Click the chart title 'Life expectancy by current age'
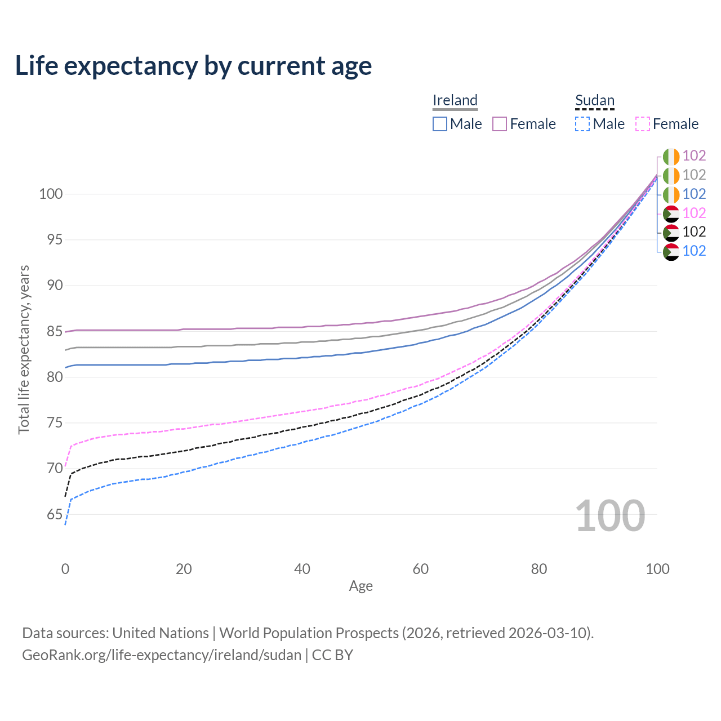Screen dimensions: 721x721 click(193, 66)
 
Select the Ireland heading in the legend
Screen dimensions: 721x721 click(455, 100)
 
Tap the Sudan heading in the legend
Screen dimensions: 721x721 click(594, 100)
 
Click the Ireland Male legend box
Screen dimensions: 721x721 click(440, 124)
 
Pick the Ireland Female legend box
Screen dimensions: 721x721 click(500, 124)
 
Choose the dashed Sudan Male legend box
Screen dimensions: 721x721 click(582, 124)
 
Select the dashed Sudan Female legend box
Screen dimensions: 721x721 click(643, 124)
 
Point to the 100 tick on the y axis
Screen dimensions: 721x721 click(50, 194)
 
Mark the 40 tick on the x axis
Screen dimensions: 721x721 click(302, 569)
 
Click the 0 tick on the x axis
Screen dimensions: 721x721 click(65, 569)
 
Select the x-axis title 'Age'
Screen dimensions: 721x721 click(360, 586)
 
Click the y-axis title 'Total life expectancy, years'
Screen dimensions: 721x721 click(24, 350)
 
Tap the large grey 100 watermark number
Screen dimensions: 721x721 click(610, 516)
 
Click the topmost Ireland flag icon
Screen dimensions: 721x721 click(671, 156)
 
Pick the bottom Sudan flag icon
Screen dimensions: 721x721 click(671, 251)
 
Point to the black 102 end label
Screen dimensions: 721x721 click(694, 232)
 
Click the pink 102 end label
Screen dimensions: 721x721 click(694, 213)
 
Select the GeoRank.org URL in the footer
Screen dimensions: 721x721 click(162, 655)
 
